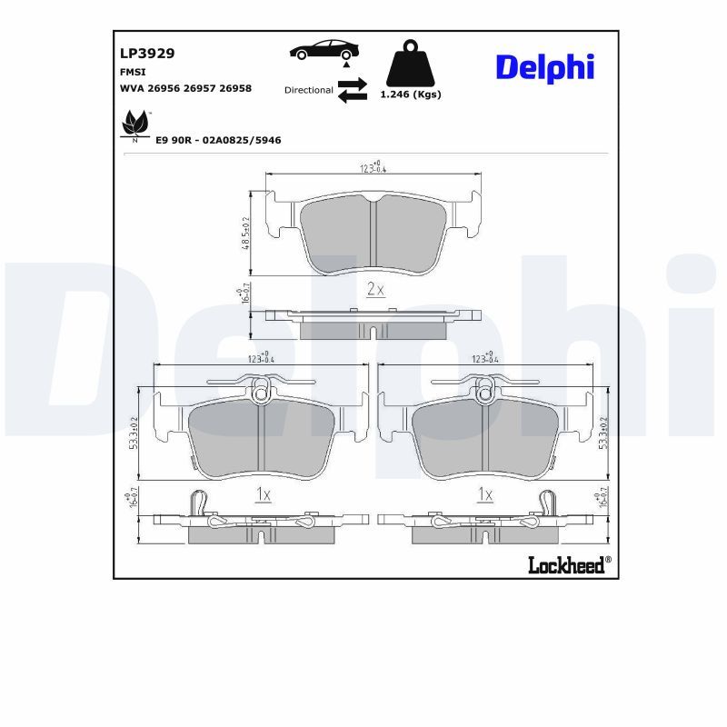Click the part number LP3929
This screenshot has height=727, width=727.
(x=147, y=54)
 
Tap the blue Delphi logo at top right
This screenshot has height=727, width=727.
(x=544, y=67)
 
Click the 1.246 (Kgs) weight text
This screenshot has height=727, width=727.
(x=410, y=95)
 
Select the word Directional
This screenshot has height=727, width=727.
(x=308, y=90)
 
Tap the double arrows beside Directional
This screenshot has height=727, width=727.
(x=352, y=90)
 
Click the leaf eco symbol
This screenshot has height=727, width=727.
(x=135, y=124)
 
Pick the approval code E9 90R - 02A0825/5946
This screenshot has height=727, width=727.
(x=218, y=140)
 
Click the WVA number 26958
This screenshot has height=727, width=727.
(x=236, y=88)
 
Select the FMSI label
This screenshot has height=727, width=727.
(x=133, y=71)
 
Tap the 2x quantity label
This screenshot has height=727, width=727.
(x=375, y=290)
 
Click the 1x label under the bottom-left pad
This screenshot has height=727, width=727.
(x=262, y=494)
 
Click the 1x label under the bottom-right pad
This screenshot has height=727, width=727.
(x=485, y=494)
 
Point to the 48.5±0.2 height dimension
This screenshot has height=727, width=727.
(x=246, y=234)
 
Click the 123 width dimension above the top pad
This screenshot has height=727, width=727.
(x=371, y=166)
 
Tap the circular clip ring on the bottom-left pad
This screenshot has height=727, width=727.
(x=262, y=393)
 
